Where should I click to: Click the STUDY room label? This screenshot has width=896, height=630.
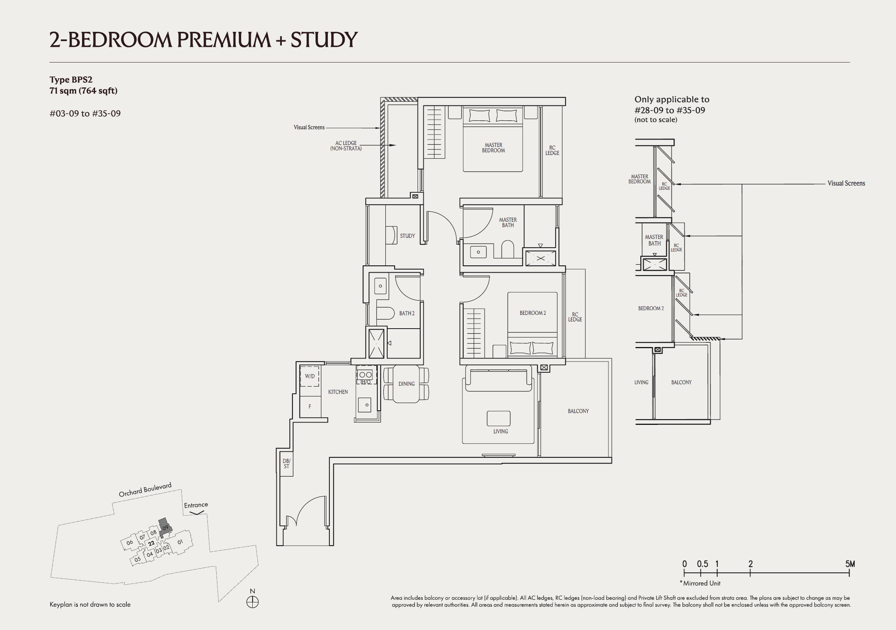tap(407, 236)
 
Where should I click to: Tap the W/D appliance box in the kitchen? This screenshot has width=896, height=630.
tap(310, 376)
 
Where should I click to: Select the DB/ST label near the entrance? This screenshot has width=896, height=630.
tap(286, 463)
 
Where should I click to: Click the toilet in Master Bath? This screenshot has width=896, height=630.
tap(507, 249)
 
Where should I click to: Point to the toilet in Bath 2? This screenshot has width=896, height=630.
tap(386, 313)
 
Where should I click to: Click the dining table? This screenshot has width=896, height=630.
tap(406, 384)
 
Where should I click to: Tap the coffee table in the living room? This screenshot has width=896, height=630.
tap(498, 418)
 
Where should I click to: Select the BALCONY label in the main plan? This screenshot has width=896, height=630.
tap(578, 411)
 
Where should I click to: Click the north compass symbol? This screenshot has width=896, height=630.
tap(253, 602)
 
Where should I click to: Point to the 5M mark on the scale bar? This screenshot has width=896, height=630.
tap(850, 564)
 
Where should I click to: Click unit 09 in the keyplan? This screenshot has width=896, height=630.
tap(165, 527)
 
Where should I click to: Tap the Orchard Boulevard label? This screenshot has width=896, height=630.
tap(145, 490)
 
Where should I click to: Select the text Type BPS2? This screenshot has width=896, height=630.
tap(71, 80)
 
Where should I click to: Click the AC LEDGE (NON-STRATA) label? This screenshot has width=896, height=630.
tap(346, 146)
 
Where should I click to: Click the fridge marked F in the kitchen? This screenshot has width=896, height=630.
tap(310, 406)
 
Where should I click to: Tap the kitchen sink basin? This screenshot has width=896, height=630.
tap(365, 405)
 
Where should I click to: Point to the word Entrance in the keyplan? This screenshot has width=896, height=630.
tap(196, 505)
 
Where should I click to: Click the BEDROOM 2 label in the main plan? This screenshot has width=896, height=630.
tap(532, 313)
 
